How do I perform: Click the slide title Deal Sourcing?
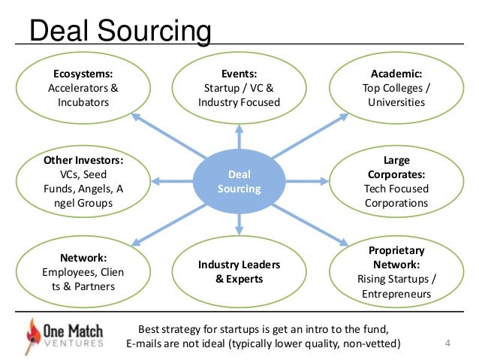[x=119, y=32]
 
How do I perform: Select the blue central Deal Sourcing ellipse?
[x=239, y=181]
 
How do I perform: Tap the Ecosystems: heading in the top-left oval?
[x=83, y=74]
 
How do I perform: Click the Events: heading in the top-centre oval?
[x=239, y=74]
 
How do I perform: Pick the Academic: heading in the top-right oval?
[x=396, y=74]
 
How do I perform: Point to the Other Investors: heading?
[x=83, y=160]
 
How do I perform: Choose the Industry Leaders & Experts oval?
[x=239, y=272]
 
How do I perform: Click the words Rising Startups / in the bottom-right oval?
[x=396, y=279]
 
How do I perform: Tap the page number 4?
[x=447, y=345]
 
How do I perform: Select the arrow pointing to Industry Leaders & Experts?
[x=239, y=223]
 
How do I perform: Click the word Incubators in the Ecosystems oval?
[x=83, y=102]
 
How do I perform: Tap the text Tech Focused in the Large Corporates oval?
[x=396, y=189]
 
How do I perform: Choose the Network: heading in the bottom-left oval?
[x=83, y=256]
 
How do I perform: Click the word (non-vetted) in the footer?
[x=366, y=344]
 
